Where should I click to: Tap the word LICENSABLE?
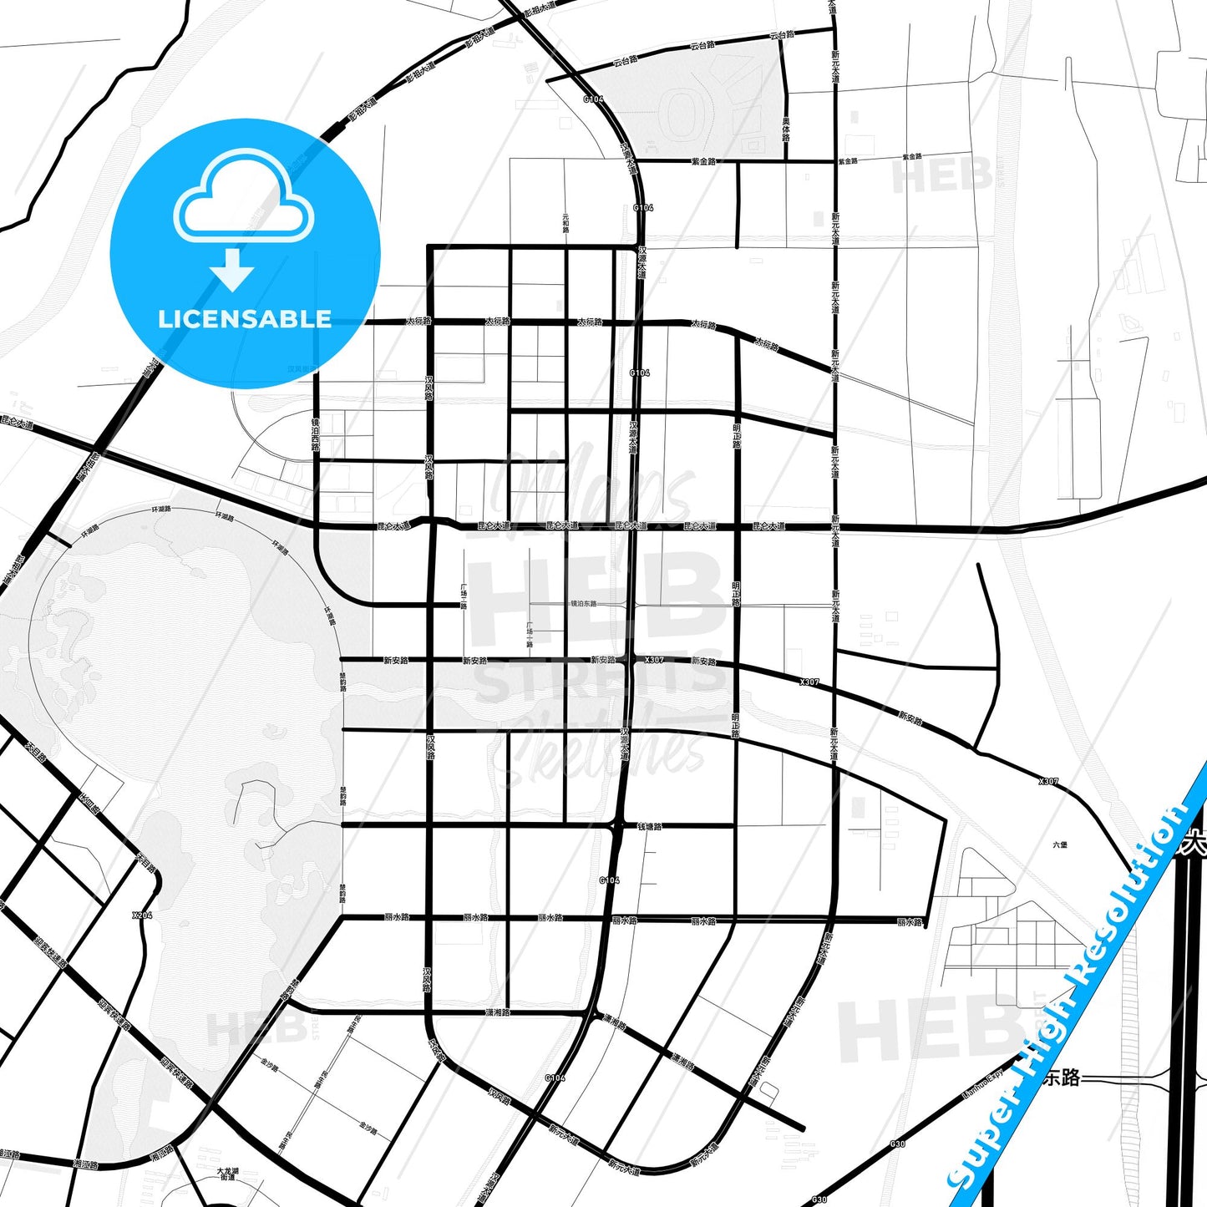tap(245, 319)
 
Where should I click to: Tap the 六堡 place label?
tap(1060, 844)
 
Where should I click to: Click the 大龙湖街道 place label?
tap(227, 1174)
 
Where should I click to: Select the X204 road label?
tap(143, 915)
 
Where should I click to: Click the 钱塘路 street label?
tap(650, 827)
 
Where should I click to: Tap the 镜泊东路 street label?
tap(584, 603)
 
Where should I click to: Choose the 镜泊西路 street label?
tap(316, 434)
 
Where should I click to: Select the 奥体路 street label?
tap(786, 129)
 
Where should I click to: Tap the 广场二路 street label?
tap(464, 596)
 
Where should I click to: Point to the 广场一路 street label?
tap(530, 634)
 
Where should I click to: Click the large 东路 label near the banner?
tap(1062, 1078)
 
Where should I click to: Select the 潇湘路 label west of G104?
tap(498, 1012)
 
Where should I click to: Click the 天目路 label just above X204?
tap(144, 860)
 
